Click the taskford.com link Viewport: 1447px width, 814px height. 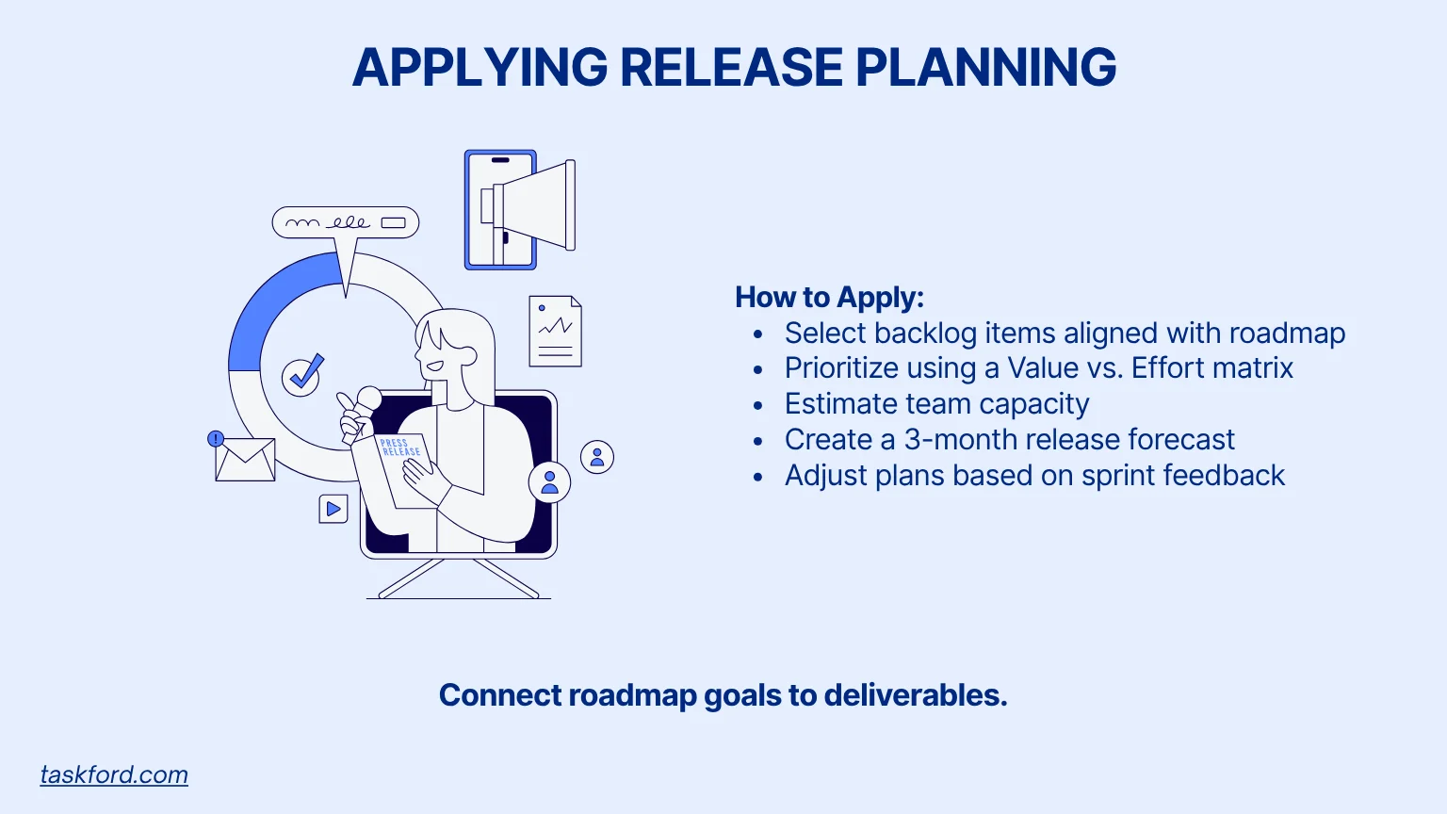114,774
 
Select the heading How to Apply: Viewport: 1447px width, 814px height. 829,298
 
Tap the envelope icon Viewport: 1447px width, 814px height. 245,461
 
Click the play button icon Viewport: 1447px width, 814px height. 333,510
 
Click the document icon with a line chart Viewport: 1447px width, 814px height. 556,332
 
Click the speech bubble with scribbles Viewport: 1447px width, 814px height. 345,223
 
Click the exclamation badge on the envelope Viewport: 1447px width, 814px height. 216,438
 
